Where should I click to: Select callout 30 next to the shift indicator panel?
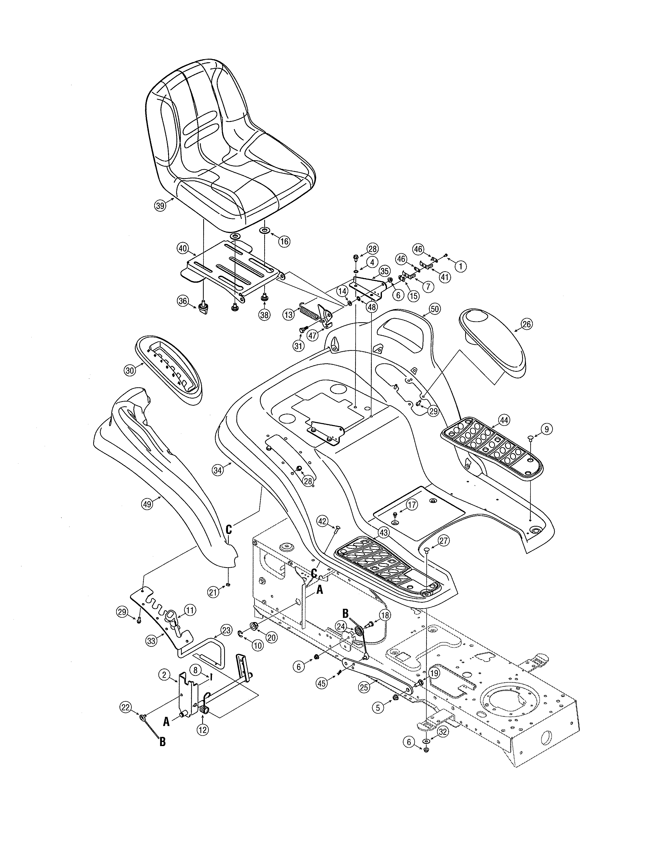pyautogui.click(x=130, y=370)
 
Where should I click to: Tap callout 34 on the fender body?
pyautogui.click(x=218, y=470)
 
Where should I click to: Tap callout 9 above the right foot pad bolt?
pyautogui.click(x=547, y=429)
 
